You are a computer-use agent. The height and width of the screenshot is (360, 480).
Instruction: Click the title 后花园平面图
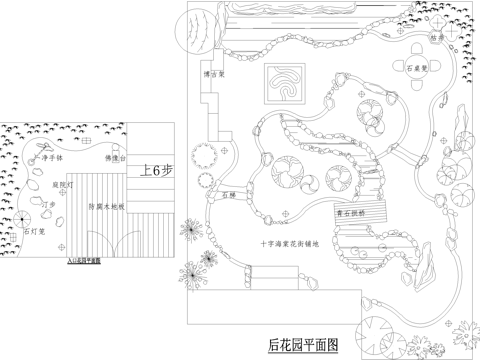tap(304, 345)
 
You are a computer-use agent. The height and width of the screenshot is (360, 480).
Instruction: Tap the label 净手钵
tap(51, 158)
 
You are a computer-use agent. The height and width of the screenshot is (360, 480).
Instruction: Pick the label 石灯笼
tap(33, 231)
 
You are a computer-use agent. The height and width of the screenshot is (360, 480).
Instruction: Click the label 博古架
tap(213, 73)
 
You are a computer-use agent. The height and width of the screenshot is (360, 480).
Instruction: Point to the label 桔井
tap(437, 38)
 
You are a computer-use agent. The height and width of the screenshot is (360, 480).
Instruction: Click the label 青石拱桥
tap(350, 213)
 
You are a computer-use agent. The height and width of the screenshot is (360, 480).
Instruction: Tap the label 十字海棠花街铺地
tap(291, 242)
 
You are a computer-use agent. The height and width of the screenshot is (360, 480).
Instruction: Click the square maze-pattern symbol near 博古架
tap(287, 85)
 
